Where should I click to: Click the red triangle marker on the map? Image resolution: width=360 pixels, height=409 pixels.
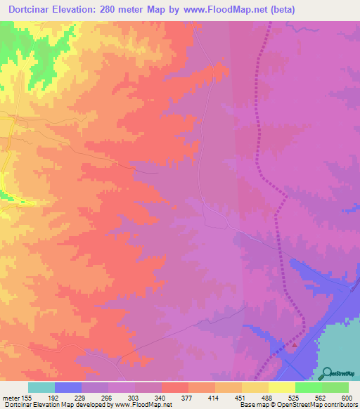[295, 344]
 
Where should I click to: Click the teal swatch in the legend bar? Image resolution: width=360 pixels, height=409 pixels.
[41, 387]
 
